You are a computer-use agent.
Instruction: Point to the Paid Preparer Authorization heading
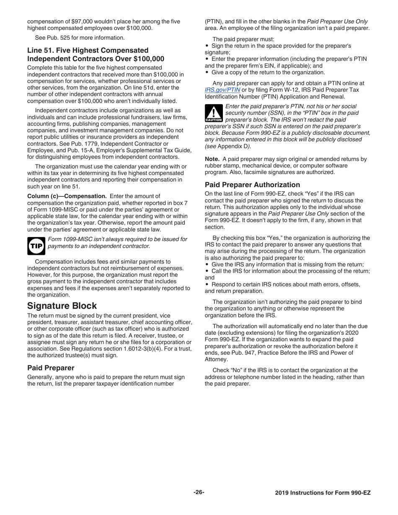252,185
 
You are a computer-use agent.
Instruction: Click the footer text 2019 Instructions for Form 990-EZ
323,493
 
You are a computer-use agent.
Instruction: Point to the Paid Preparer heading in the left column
51,368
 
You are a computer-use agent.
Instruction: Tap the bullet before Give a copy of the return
207,72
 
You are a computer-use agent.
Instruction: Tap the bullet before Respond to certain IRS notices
207,284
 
